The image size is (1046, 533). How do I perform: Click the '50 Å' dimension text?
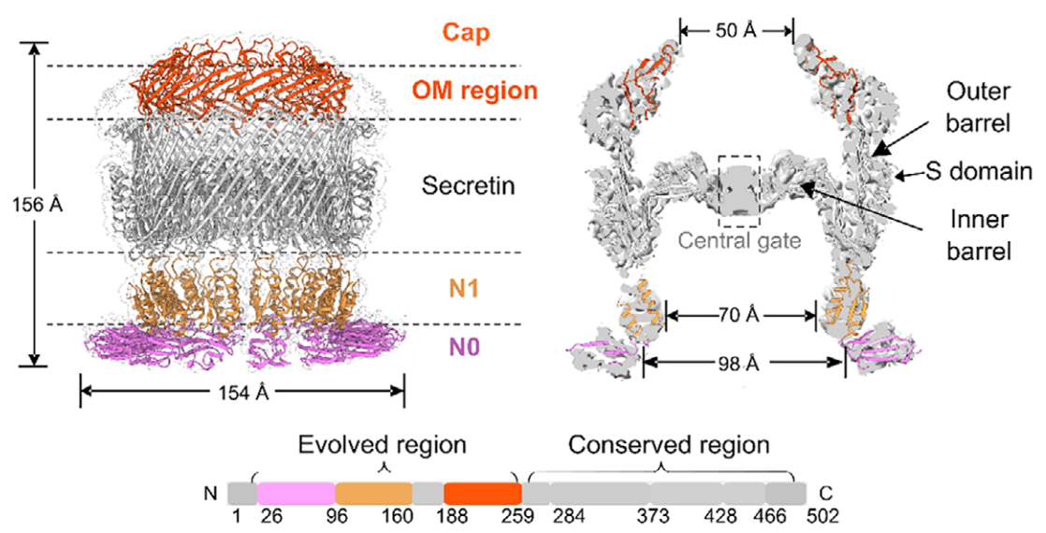(736, 31)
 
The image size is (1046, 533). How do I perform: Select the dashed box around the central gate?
(739, 191)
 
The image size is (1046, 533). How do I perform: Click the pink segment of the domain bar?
(296, 492)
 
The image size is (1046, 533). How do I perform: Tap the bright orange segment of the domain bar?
(482, 492)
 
